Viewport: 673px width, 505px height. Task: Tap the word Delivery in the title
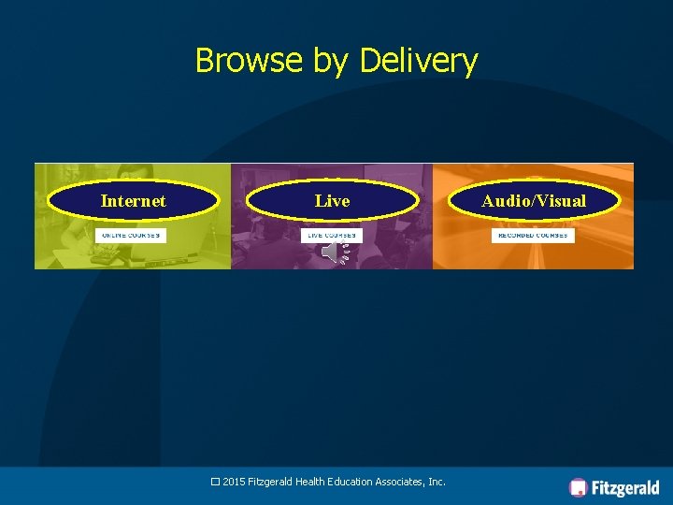(x=419, y=62)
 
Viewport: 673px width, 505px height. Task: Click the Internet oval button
(x=133, y=200)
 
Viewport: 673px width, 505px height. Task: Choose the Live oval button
(x=332, y=200)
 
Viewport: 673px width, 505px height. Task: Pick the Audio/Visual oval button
(x=534, y=200)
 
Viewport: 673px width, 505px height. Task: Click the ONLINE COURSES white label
(x=131, y=236)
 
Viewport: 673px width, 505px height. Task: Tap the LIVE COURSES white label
(x=331, y=236)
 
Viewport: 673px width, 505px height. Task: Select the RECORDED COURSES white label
(x=534, y=236)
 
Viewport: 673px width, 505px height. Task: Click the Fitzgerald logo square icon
(x=579, y=487)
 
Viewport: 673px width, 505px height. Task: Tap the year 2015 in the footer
(x=235, y=482)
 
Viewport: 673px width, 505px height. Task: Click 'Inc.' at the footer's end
(x=437, y=482)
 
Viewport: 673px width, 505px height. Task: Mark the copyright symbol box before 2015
(x=215, y=482)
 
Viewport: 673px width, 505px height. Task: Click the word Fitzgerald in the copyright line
(x=271, y=482)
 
